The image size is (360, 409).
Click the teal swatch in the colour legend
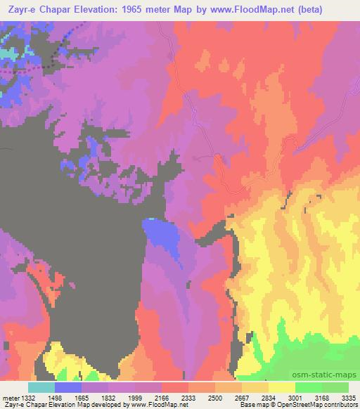pyautogui.click(x=41, y=387)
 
